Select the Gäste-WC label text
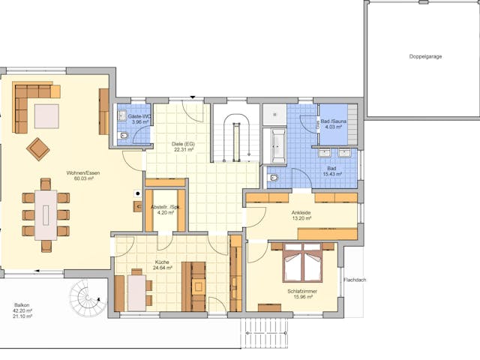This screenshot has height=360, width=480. click(140, 117)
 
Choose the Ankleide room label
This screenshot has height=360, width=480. click(301, 212)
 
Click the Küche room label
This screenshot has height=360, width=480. click(162, 261)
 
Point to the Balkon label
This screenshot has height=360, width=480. click(22, 305)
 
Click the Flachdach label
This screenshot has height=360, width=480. click(355, 280)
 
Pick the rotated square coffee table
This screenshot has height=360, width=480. click(38, 148)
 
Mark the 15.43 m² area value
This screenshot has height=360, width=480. click(331, 174)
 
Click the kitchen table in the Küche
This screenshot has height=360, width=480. click(136, 292)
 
